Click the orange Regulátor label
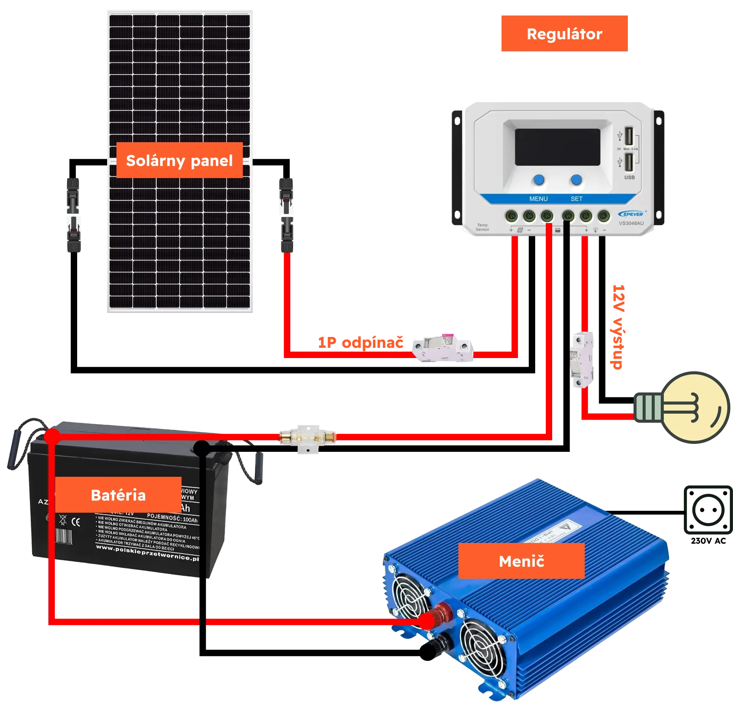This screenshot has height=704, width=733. tap(564, 34)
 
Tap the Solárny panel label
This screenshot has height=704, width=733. tap(179, 160)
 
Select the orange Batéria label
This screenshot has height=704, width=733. tap(118, 495)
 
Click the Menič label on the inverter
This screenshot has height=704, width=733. tap(521, 561)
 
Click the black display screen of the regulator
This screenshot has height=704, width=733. tap(558, 147)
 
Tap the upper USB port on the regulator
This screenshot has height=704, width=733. tap(629, 136)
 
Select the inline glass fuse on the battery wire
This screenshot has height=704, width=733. tap(307, 437)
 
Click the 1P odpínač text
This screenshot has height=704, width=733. tap(360, 343)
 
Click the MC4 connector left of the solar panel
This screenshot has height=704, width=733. tap(74, 214)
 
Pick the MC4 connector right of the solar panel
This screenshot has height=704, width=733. tap(286, 214)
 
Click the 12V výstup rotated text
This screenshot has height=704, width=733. tap(618, 327)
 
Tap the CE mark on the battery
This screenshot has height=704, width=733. tap(76, 522)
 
